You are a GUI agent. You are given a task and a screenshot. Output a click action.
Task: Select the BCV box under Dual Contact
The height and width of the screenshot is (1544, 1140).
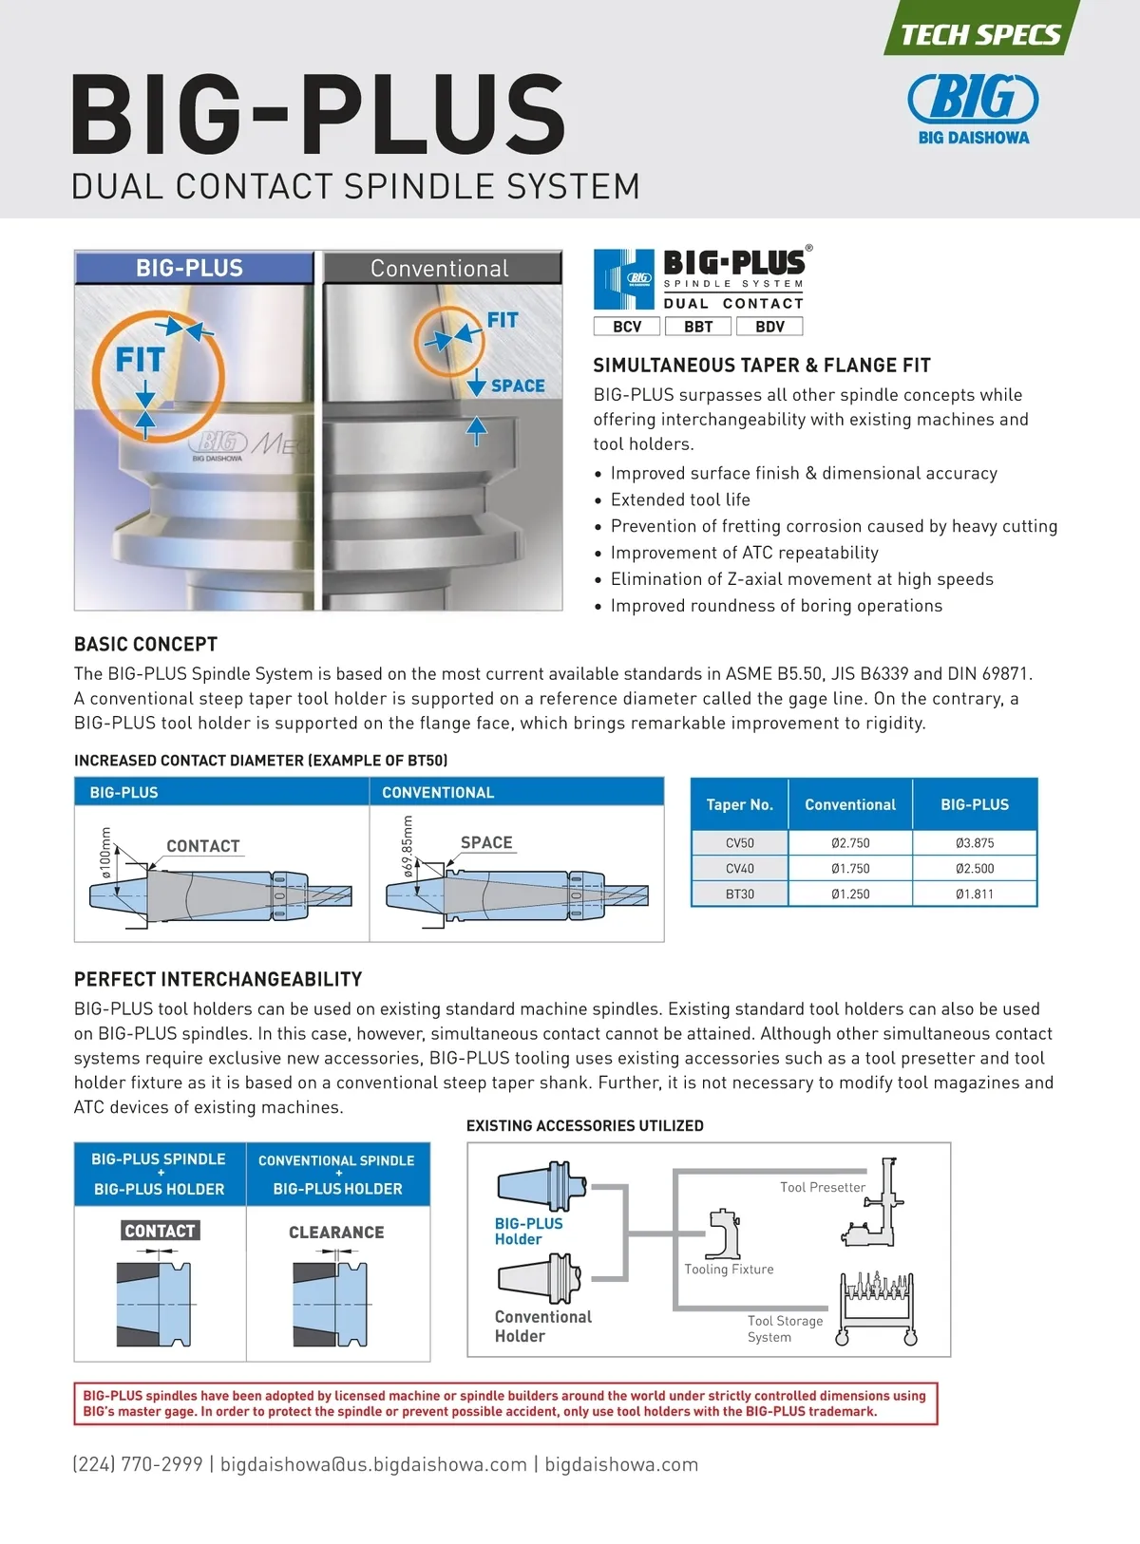pos(627,327)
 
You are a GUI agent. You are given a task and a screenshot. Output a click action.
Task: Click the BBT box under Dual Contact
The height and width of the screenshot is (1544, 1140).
pos(698,327)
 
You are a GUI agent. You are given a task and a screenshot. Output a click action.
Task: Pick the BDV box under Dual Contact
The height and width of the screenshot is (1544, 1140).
pos(769,327)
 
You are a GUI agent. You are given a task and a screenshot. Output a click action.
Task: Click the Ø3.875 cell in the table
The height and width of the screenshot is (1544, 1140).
pos(975,843)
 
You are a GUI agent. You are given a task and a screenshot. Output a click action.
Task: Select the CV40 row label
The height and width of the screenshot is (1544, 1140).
pos(739,869)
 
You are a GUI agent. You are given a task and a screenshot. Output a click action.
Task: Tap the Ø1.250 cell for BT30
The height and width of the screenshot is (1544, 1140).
pos(850,894)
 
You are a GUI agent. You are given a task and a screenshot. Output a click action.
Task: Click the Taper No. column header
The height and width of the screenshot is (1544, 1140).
pos(739,805)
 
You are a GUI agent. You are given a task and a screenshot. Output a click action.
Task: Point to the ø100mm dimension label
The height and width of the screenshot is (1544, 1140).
pos(105,852)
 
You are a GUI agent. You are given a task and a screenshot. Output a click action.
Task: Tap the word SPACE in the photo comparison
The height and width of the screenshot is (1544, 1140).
pos(518,386)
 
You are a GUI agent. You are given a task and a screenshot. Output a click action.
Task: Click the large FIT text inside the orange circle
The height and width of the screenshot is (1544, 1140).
pos(141,361)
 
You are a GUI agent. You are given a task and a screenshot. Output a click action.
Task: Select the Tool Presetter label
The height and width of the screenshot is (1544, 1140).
pos(823,1187)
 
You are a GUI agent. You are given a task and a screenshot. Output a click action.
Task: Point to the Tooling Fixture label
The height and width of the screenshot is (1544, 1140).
pos(729,1270)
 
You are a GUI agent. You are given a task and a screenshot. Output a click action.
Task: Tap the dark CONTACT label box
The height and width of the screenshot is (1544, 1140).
pos(160,1232)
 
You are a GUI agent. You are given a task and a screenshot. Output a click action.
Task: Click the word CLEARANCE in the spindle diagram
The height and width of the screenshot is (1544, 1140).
pos(336,1233)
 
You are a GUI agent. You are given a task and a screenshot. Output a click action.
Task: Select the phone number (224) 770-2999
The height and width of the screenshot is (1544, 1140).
pos(138,1464)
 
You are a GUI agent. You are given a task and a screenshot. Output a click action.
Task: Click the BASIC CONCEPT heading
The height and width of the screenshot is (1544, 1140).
pos(146,645)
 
